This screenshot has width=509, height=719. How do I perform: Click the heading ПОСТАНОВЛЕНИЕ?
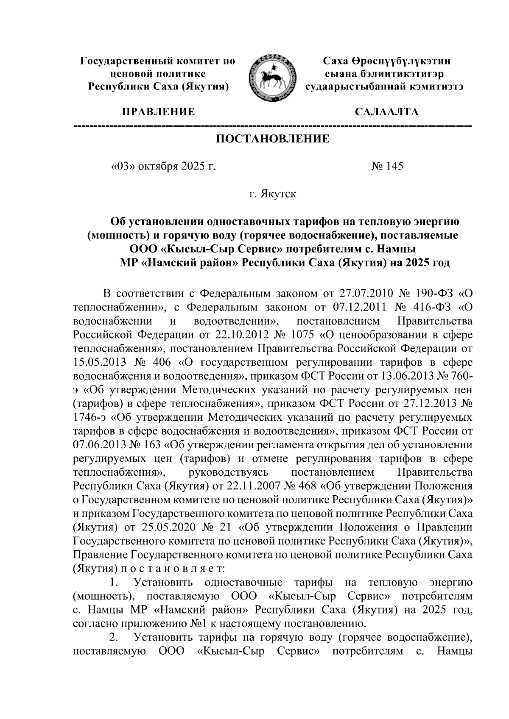click(273, 139)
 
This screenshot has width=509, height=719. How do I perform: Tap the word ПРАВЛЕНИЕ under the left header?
click(158, 112)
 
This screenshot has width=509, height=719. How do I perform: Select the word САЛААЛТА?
click(386, 112)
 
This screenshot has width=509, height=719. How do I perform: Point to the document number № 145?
click(387, 166)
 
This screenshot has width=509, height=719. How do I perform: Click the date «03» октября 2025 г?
click(163, 166)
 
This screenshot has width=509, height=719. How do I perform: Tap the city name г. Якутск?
click(272, 194)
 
